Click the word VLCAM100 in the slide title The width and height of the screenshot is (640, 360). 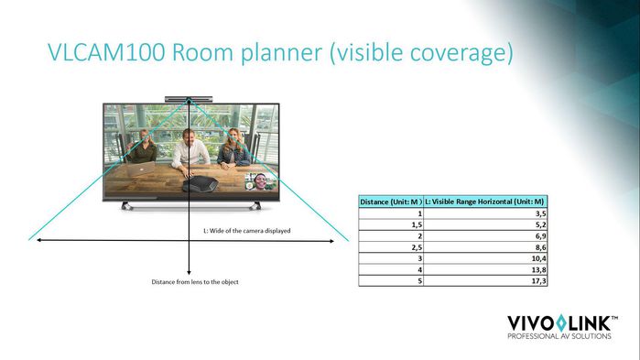pyautogui.click(x=103, y=54)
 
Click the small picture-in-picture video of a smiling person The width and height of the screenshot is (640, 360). pyautogui.click(x=262, y=180)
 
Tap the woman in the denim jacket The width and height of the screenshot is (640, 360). pyautogui.click(x=236, y=147)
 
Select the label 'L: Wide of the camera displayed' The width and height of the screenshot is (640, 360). pyautogui.click(x=246, y=231)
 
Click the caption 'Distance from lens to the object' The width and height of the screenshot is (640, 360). pyautogui.click(x=194, y=281)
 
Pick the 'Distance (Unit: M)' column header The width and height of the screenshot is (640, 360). pyautogui.click(x=390, y=201)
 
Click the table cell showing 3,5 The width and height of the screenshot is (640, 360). pyautogui.click(x=539, y=212)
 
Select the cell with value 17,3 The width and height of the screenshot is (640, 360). pyautogui.click(x=538, y=281)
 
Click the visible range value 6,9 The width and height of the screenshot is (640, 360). pyautogui.click(x=539, y=235)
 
